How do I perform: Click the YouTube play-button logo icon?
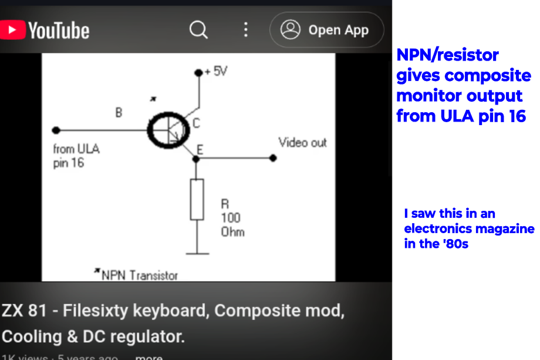tap(13, 30)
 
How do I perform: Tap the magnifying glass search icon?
tap(198, 30)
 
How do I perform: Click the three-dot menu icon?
tap(245, 30)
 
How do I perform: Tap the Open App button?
tap(326, 30)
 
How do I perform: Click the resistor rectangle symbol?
tap(197, 200)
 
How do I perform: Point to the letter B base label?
tap(119, 112)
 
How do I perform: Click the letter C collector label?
tap(196, 123)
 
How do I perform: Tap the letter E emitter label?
tap(200, 150)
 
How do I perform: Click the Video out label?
tap(302, 143)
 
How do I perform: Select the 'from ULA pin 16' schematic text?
tap(76, 156)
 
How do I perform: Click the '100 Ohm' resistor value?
tap(231, 224)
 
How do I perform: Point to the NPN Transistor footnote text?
tap(139, 275)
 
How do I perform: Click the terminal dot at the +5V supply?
tap(198, 73)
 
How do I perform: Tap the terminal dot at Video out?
tap(273, 158)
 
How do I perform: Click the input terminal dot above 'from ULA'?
tap(56, 130)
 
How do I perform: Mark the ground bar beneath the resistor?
tap(197, 254)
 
